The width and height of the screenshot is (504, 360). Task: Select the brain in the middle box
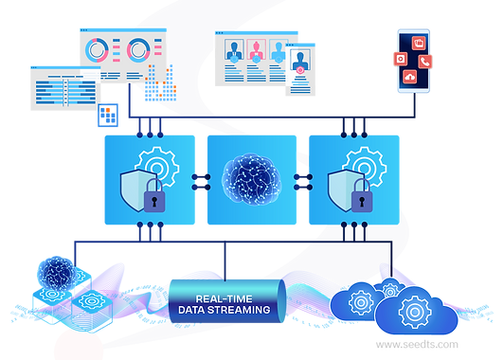click(x=251, y=178)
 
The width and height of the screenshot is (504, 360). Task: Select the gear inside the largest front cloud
click(x=415, y=309)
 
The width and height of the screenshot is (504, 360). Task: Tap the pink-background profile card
click(x=256, y=51)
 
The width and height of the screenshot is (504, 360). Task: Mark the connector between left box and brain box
click(x=201, y=178)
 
